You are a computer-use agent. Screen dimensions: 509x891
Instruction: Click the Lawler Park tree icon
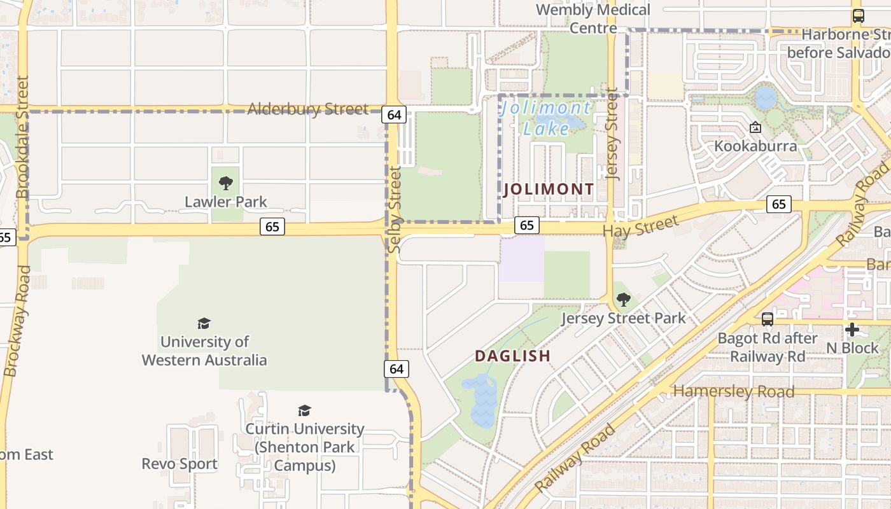225,184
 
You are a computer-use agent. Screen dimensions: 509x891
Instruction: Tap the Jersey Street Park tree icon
624,299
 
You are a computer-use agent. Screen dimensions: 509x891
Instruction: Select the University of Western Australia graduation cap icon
204,324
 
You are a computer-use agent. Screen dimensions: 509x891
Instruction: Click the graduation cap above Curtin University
305,410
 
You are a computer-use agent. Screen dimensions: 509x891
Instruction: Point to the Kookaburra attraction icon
755,128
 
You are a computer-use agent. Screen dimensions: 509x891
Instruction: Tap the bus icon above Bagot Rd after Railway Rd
768,319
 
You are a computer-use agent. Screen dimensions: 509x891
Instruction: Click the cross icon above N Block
852,330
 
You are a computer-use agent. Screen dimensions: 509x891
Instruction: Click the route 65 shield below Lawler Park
272,227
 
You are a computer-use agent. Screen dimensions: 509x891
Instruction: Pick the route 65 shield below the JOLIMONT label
526,225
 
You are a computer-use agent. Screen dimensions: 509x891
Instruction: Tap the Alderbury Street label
307,109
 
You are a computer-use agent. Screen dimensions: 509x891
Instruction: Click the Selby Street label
395,209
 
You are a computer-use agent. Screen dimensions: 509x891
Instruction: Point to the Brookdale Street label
22,137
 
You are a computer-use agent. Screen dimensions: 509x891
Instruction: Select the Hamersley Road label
734,391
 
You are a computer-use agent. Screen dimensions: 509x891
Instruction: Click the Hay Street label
640,227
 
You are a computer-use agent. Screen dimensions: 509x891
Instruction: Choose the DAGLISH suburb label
512,356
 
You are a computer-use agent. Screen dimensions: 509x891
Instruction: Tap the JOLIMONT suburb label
549,189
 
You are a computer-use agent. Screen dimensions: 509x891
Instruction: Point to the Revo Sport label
179,464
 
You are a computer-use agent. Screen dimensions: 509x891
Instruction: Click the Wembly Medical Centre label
593,18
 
